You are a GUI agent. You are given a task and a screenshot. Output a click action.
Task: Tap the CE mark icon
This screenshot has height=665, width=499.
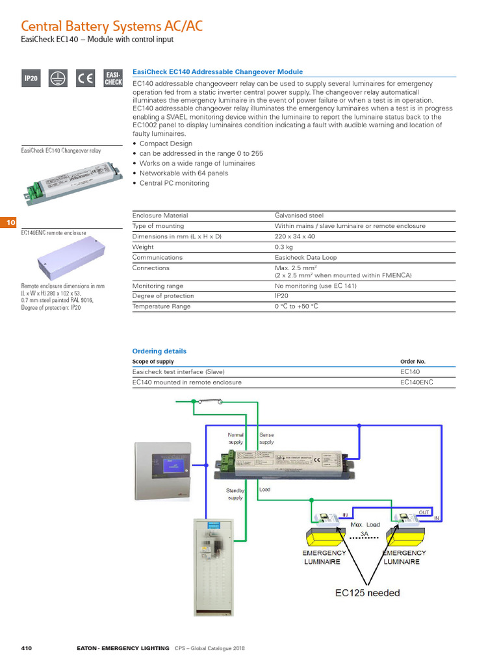point(85,79)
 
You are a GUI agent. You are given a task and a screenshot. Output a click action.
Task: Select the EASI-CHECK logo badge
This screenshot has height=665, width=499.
point(112,79)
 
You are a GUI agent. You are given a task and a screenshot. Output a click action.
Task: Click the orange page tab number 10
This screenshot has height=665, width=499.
point(10,223)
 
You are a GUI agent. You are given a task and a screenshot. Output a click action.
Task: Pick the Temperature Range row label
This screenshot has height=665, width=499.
point(161,306)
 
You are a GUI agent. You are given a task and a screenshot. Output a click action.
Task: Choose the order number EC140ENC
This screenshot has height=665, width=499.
point(416,382)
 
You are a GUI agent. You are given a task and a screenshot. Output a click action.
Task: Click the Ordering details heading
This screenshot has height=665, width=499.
point(159,351)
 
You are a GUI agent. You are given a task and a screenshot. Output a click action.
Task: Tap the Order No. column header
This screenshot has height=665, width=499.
point(413,361)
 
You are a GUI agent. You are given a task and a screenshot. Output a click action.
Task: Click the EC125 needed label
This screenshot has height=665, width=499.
point(367,592)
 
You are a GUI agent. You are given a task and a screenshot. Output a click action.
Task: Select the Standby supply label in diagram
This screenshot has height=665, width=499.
point(235,494)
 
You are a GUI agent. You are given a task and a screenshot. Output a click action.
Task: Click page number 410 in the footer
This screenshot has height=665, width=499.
point(27,648)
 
